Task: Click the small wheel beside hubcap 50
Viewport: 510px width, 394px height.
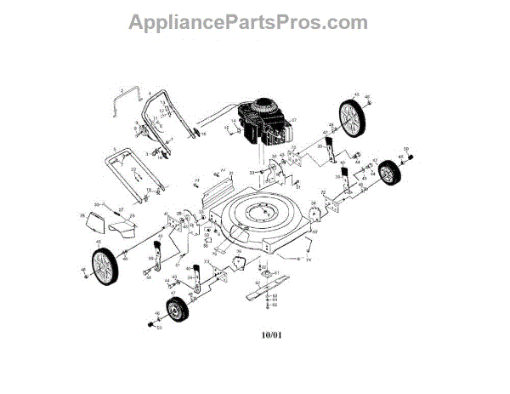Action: click(390, 172)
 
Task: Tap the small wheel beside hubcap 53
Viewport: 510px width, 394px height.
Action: click(176, 313)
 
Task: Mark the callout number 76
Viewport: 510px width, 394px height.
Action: click(83, 217)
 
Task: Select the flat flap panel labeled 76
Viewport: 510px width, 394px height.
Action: click(99, 220)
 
